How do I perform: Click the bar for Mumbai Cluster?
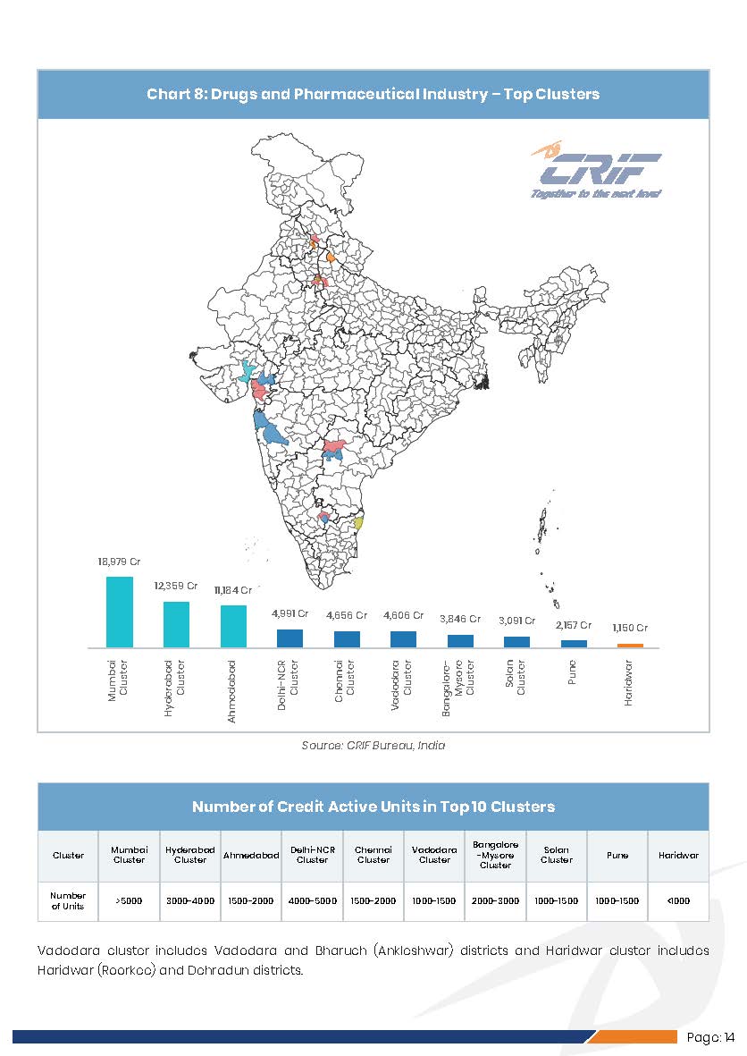[x=120, y=612]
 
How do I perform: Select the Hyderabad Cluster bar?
[x=176, y=624]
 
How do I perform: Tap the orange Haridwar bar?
[x=630, y=645]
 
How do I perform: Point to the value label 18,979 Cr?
[x=120, y=562]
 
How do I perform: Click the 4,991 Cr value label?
[x=290, y=614]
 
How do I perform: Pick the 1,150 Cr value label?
[x=630, y=628]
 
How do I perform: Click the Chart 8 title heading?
[x=373, y=94]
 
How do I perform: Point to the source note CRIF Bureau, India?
[x=373, y=745]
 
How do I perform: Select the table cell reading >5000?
[x=129, y=900]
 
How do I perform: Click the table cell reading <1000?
[x=678, y=900]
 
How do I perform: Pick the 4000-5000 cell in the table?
[x=312, y=900]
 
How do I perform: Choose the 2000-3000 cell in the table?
[x=495, y=900]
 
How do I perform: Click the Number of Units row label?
[x=68, y=900]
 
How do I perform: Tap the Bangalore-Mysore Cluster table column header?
[x=495, y=855]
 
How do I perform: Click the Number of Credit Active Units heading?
[x=373, y=807]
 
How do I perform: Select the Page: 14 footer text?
[x=711, y=1037]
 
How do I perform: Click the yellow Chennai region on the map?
[x=358, y=523]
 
